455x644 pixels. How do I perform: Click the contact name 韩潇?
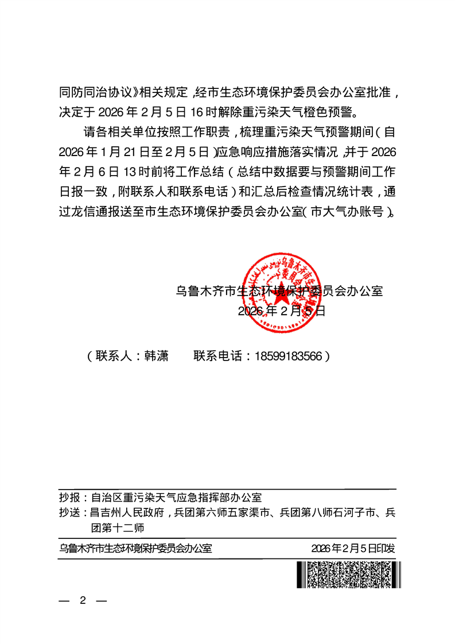pyautogui.click(x=157, y=356)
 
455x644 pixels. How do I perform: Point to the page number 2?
pyautogui.click(x=83, y=600)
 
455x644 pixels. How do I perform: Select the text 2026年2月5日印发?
pyautogui.click(x=353, y=548)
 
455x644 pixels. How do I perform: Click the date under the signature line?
pyautogui.click(x=281, y=311)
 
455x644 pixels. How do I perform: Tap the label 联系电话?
pyautogui.click(x=217, y=356)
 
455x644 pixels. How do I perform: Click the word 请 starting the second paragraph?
pyautogui.click(x=90, y=131)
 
